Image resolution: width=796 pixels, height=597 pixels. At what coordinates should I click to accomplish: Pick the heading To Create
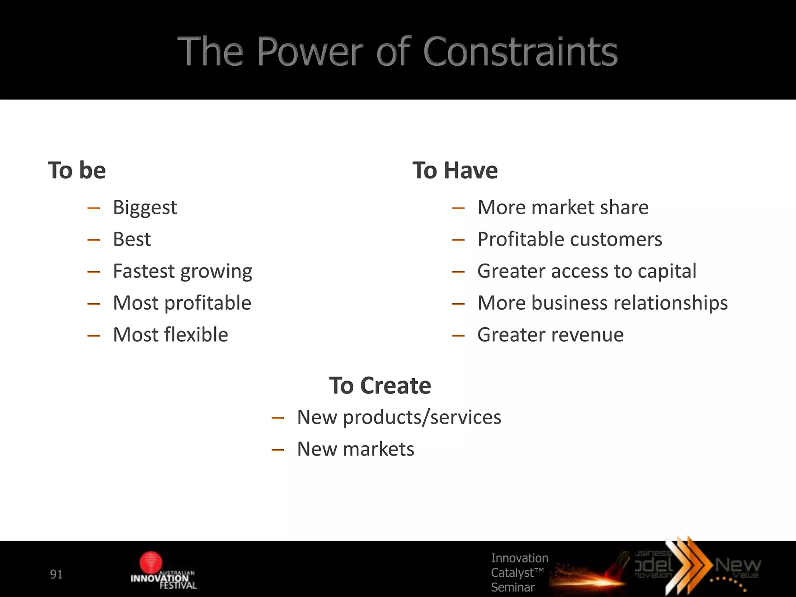[380, 386]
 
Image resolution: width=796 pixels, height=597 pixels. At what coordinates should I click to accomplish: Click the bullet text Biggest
[145, 208]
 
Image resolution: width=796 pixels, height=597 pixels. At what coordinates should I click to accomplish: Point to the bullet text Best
[132, 239]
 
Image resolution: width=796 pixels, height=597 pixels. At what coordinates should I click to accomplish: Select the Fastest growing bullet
[182, 271]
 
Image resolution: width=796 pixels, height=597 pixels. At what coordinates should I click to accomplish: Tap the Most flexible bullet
[170, 335]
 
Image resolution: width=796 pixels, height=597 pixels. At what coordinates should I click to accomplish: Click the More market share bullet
[563, 207]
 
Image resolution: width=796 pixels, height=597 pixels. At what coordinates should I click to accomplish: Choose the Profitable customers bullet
[569, 239]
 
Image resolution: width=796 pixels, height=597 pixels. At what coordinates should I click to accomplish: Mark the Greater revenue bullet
[550, 335]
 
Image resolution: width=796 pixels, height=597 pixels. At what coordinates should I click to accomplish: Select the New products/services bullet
[399, 417]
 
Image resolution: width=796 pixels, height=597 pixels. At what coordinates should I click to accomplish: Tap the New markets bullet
[355, 449]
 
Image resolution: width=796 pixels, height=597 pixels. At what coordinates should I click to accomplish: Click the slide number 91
[56, 574]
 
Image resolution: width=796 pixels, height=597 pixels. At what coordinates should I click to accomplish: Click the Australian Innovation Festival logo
[162, 571]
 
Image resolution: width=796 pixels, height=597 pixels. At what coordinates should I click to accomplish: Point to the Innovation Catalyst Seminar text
[519, 573]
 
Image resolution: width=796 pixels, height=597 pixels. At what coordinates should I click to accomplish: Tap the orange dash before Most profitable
[94, 304]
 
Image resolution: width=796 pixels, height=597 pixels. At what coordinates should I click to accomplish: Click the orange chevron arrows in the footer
[688, 564]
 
